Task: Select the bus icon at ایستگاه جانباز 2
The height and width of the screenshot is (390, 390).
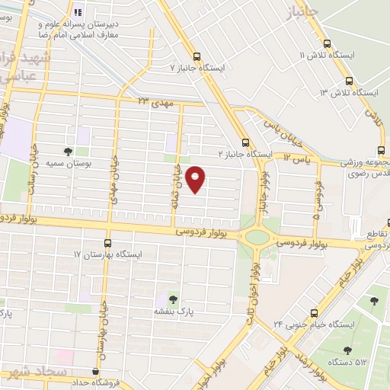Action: point(245,141)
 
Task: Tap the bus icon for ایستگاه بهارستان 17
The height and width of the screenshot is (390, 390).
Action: point(107,241)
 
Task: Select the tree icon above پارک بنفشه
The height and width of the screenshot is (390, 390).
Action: point(172,299)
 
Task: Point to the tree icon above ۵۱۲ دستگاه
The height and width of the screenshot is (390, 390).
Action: point(347,350)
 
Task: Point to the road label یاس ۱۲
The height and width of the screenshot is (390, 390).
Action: point(297,157)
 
